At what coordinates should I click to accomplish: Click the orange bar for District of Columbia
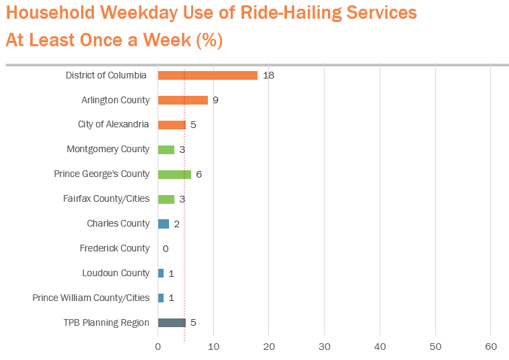point(207,75)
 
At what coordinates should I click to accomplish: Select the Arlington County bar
point(182,100)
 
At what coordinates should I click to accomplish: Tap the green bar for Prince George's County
point(174,174)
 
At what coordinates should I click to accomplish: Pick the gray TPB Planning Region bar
point(172,322)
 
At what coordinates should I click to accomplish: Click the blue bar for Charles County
point(163,224)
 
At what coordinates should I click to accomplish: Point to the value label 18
point(268,75)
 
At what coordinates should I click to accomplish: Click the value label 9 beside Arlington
point(215,100)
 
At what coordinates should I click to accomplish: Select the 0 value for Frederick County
point(165,249)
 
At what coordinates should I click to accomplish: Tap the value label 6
point(199,174)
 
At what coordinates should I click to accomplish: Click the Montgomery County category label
point(108,149)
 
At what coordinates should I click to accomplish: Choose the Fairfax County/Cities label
point(106,198)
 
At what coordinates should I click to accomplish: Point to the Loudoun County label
point(115,273)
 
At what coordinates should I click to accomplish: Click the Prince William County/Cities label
point(91,298)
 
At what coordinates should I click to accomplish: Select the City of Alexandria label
point(113,124)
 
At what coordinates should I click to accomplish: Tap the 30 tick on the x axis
point(324,347)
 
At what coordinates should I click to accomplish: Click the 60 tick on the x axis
point(490,347)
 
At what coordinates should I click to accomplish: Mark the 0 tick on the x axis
point(158,347)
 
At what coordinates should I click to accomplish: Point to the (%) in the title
point(209,40)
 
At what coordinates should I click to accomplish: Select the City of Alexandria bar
point(172,125)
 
